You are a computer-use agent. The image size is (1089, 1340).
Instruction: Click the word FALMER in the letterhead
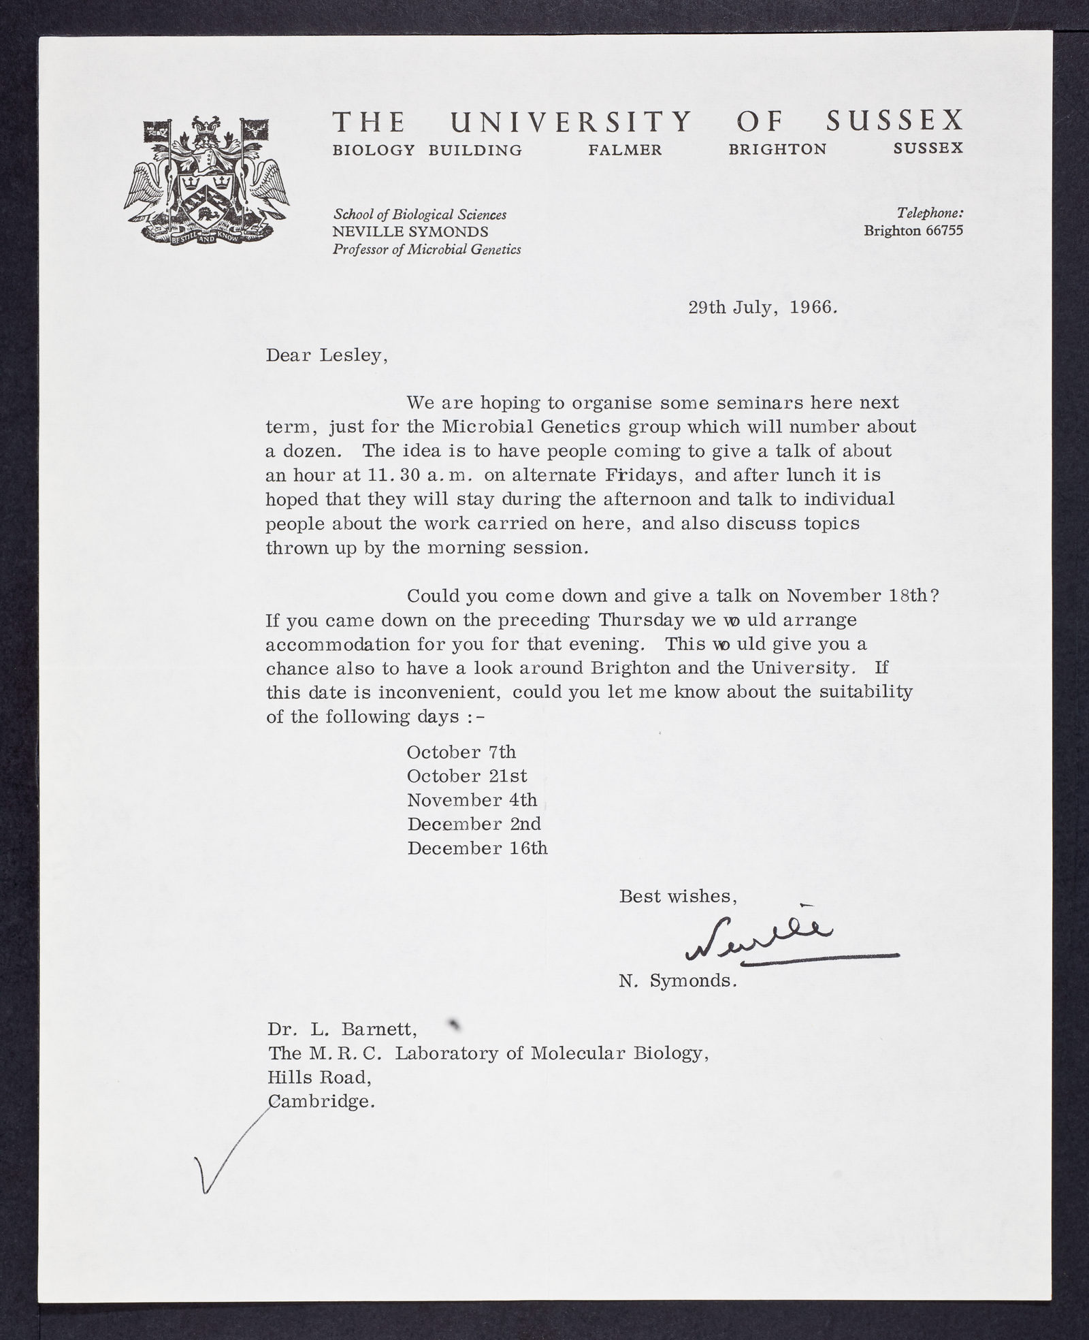point(625,150)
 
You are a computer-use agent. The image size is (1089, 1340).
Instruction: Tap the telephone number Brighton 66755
point(913,231)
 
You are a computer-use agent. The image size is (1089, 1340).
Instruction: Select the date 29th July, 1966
point(762,307)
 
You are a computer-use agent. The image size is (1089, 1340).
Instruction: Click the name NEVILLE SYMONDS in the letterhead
point(410,232)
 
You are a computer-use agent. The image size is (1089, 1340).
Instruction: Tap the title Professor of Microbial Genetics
point(427,249)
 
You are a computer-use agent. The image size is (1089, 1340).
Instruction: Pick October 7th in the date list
point(461,752)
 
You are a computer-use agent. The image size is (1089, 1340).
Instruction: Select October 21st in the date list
point(466,776)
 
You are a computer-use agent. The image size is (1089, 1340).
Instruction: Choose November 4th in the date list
point(472,800)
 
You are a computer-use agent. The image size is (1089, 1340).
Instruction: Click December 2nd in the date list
point(474,824)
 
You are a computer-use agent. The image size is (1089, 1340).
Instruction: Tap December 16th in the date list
point(476,848)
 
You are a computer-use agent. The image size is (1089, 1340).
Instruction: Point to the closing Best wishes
point(678,896)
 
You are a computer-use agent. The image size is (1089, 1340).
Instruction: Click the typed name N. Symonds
point(678,982)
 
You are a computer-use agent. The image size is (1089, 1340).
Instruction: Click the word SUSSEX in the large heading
point(894,121)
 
